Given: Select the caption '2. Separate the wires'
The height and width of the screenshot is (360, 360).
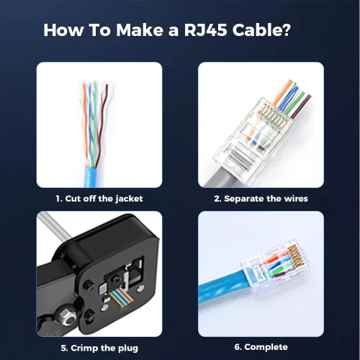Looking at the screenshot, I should click(262, 198).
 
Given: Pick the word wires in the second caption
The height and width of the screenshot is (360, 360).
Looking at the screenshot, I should click(294, 198).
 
